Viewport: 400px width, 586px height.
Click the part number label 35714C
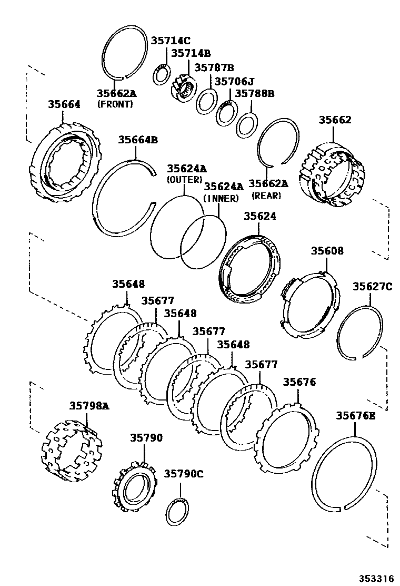[x=171, y=41]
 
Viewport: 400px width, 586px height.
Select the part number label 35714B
[x=191, y=53]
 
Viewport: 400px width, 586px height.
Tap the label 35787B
[x=214, y=67]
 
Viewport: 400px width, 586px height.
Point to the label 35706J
[x=234, y=81]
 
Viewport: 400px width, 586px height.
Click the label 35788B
[x=255, y=93]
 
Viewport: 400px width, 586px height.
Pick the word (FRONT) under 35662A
[x=115, y=104]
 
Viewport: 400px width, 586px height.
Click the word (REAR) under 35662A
[x=266, y=195]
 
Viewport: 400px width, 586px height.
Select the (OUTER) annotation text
[x=184, y=180]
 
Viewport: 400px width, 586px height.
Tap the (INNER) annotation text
[x=221, y=198]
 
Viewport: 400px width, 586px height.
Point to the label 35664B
[x=137, y=140]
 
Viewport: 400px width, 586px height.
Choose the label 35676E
[x=356, y=416]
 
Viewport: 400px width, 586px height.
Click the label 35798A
[x=89, y=406]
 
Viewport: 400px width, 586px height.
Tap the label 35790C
[x=184, y=474]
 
